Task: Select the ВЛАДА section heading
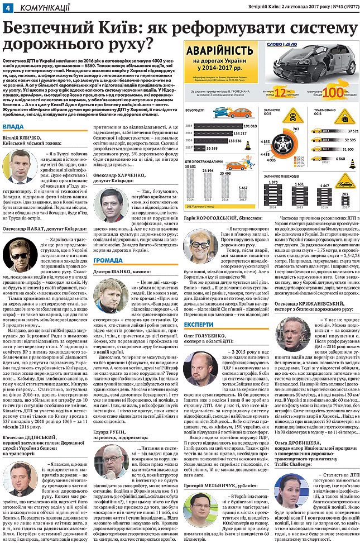click(x=13, y=127)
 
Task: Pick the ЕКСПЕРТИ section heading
click(x=199, y=323)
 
